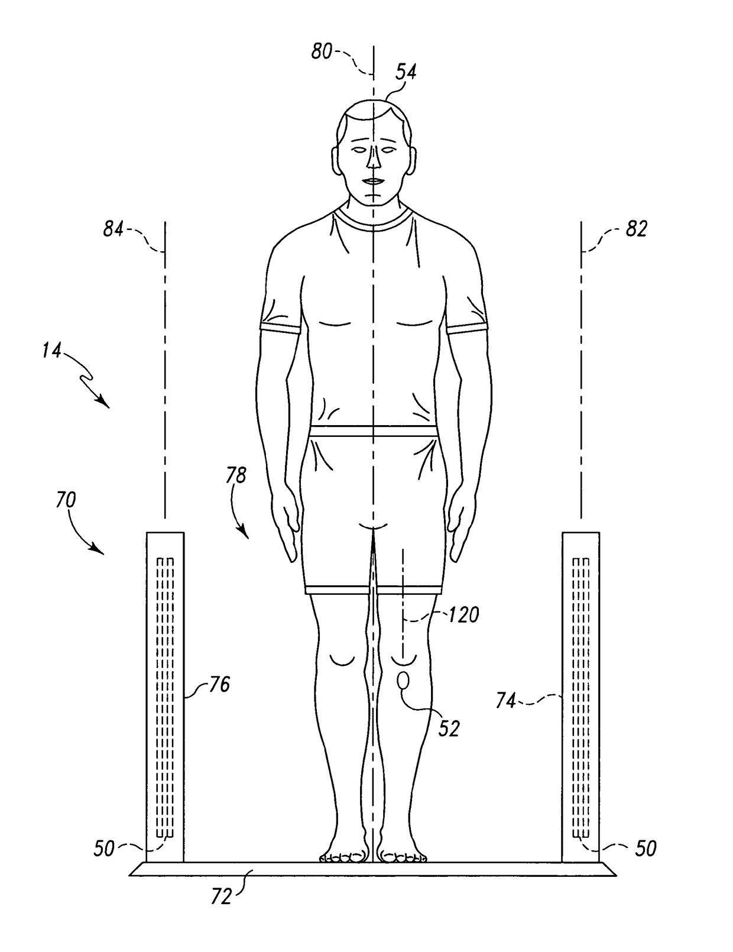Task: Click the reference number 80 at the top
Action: pos(322,51)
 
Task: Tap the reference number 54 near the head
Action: pos(406,72)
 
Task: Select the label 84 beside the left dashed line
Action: pos(113,228)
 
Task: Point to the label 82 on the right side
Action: pos(636,229)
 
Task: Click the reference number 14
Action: pos(51,351)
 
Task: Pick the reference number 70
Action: pos(66,500)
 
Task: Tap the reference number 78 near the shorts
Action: pos(235,475)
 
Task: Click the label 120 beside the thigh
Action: pos(463,616)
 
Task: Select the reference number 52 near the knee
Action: pos(449,728)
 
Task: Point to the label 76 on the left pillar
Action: pos(219,685)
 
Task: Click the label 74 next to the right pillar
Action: pos(506,701)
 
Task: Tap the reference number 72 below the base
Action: pos(220,897)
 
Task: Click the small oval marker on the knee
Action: pos(404,681)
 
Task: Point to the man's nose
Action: pos(374,160)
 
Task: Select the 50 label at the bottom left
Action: pos(104,849)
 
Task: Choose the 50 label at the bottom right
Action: pos(646,849)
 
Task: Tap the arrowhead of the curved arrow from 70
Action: pos(102,553)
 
